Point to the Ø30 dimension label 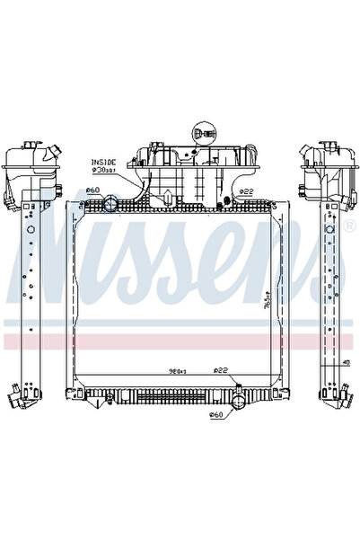tap(104, 169)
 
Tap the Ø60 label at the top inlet tap(92, 190)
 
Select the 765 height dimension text tap(269, 311)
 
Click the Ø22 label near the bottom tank tap(220, 370)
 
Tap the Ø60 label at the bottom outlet tap(215, 415)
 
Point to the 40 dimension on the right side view tap(345, 363)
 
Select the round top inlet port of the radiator tap(110, 207)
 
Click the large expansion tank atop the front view tap(189, 167)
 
